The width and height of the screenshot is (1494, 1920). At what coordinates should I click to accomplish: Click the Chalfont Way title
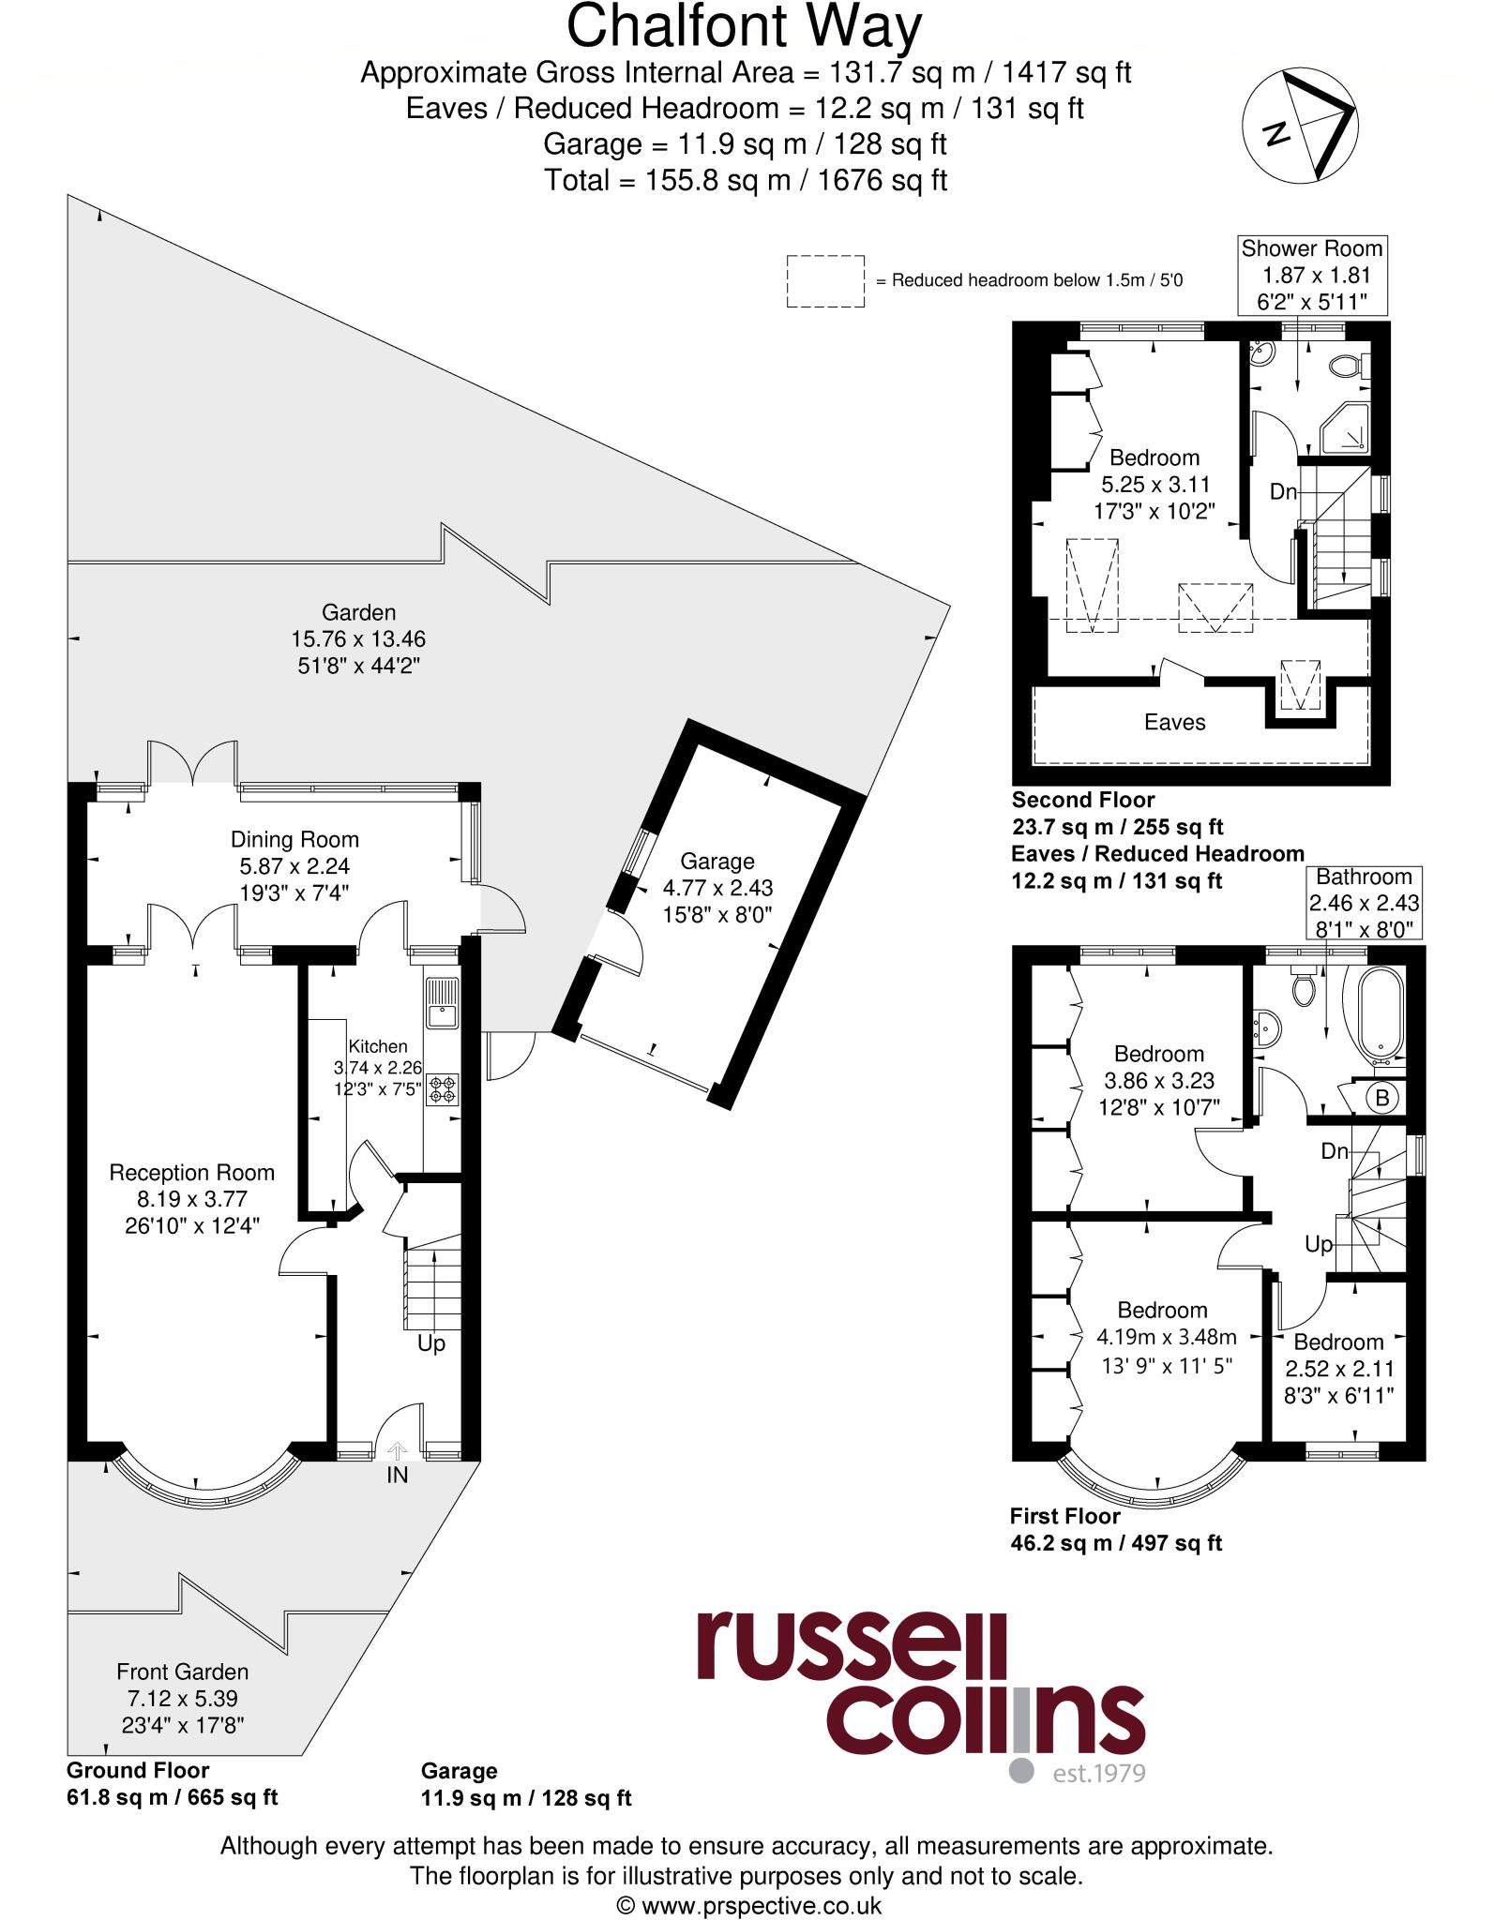[745, 26]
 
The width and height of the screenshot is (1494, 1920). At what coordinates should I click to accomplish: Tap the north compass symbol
[1300, 127]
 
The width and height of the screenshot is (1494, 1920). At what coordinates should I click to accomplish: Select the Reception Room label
[191, 1172]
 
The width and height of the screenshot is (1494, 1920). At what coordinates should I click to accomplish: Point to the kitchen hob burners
[442, 1089]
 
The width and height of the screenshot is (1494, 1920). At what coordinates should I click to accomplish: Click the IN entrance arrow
[397, 1452]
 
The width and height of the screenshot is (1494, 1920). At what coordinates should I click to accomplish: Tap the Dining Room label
[294, 839]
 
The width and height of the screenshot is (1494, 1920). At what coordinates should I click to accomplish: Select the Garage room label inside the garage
[717, 861]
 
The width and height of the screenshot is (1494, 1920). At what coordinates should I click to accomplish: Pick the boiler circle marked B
[1381, 1097]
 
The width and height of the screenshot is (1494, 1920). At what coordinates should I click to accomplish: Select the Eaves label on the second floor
[1174, 722]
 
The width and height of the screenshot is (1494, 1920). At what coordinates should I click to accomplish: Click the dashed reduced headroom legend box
[825, 281]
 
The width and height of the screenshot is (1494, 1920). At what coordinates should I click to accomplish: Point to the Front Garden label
[182, 1671]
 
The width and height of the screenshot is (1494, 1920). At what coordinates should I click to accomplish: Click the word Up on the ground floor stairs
[430, 1343]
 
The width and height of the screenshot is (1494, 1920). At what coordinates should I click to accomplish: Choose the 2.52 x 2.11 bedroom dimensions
[1339, 1368]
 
